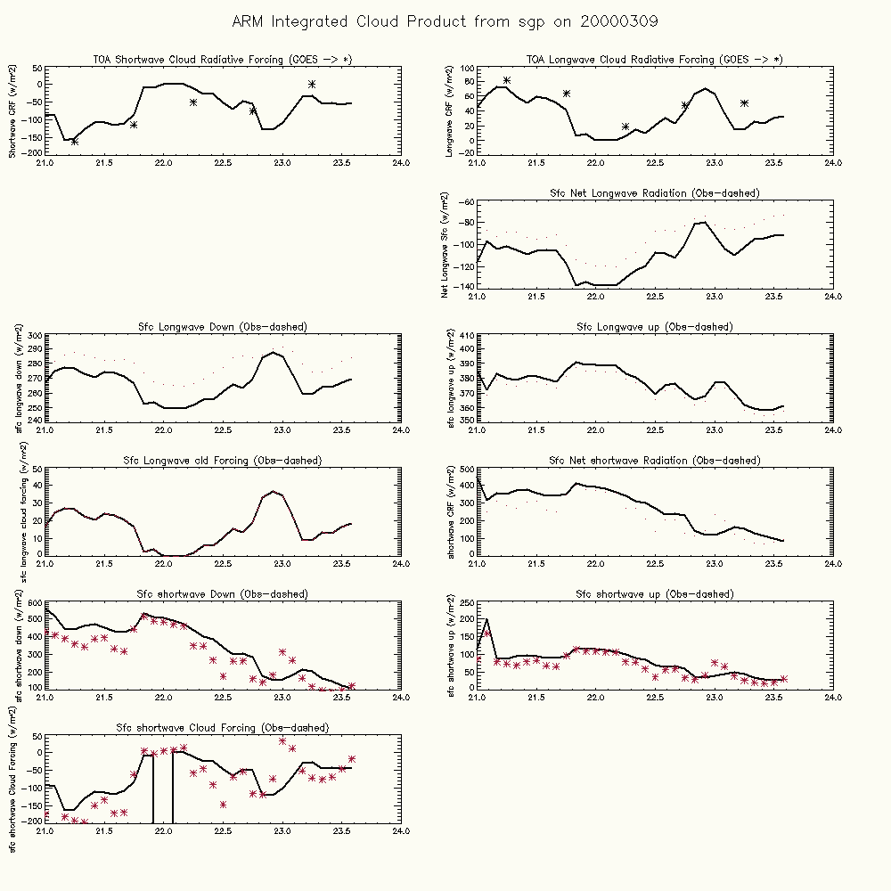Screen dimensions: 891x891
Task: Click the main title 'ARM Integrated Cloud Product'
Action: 445,20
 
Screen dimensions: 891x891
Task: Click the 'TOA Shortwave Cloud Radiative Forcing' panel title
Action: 223,60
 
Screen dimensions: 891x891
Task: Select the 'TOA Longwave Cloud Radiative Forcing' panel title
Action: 655,60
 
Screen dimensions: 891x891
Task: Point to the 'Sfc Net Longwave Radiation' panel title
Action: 655,193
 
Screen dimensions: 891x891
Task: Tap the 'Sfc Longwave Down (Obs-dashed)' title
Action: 223,327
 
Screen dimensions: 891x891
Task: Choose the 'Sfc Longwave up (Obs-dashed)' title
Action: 655,327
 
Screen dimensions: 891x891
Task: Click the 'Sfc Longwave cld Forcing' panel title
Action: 223,461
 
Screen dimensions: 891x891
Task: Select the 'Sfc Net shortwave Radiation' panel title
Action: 655,461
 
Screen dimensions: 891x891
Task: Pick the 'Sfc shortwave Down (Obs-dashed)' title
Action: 223,594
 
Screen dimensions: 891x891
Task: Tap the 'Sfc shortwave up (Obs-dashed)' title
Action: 655,594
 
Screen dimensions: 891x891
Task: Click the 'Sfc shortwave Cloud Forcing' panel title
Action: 223,728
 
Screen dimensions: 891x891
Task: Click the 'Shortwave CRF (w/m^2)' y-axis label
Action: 13,110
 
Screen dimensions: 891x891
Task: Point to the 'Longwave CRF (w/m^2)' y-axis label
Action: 449,110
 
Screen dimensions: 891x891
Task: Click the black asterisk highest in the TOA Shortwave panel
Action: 312,85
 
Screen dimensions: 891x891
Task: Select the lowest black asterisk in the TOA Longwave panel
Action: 625,127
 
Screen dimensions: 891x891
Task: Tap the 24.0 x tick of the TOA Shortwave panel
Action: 401,163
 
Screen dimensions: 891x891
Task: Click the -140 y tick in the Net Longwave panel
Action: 463,286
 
